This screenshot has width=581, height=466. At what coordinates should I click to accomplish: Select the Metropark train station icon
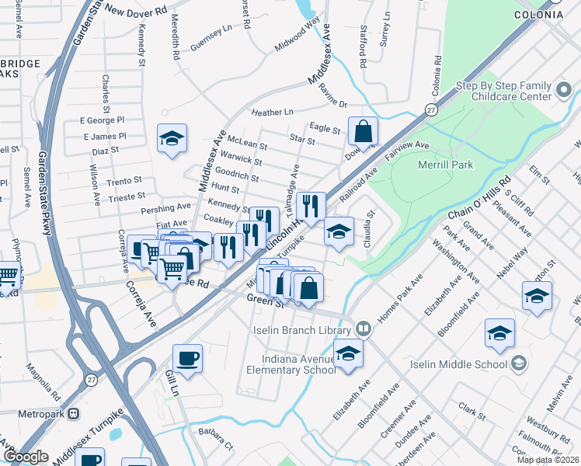click(x=74, y=413)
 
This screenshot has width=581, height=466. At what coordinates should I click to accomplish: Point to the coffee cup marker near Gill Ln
click(x=187, y=360)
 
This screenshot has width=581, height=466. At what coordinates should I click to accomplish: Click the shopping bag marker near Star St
click(x=363, y=131)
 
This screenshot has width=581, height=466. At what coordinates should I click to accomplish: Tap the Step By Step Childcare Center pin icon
click(x=565, y=92)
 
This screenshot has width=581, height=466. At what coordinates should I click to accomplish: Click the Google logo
click(x=26, y=457)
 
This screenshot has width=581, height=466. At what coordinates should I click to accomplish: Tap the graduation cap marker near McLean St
click(x=172, y=139)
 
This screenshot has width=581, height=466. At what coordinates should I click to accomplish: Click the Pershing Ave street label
click(x=165, y=209)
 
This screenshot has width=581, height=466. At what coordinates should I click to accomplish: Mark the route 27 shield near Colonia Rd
click(x=430, y=111)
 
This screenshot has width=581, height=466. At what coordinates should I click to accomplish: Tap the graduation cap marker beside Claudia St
click(x=339, y=231)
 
